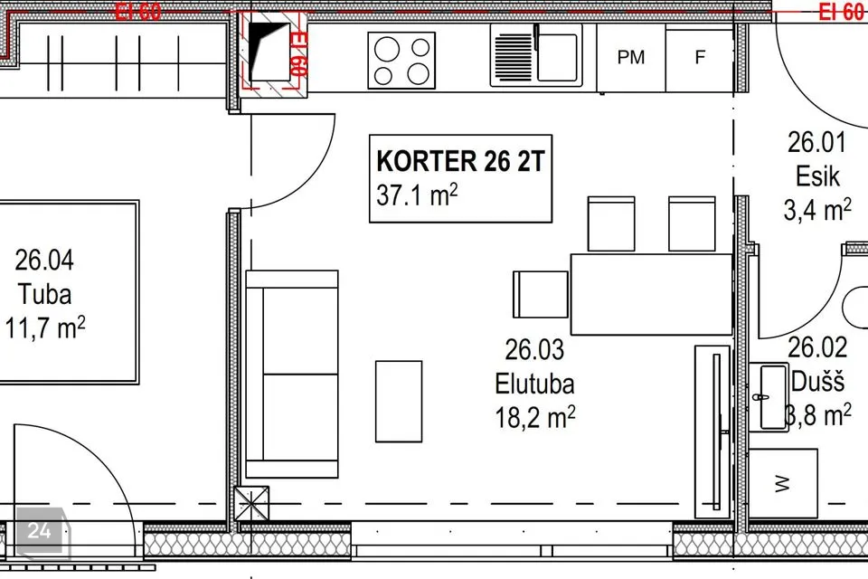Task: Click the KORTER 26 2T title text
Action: [460, 161]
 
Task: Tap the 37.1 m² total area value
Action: [417, 195]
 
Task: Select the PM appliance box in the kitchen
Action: [631, 57]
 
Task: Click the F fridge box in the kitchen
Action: [700, 57]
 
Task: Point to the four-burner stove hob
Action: [401, 61]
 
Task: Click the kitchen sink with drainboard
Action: [536, 55]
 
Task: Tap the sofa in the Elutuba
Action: [292, 374]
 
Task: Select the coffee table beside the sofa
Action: [399, 402]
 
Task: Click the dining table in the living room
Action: [652, 294]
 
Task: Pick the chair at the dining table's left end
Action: [541, 294]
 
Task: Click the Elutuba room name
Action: [534, 384]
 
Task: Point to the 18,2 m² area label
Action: [534, 417]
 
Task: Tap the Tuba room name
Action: [45, 294]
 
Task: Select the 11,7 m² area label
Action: [45, 327]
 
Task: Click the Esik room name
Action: [817, 176]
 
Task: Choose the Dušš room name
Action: [817, 382]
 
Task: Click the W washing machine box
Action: [783, 484]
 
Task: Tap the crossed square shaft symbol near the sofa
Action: [252, 504]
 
